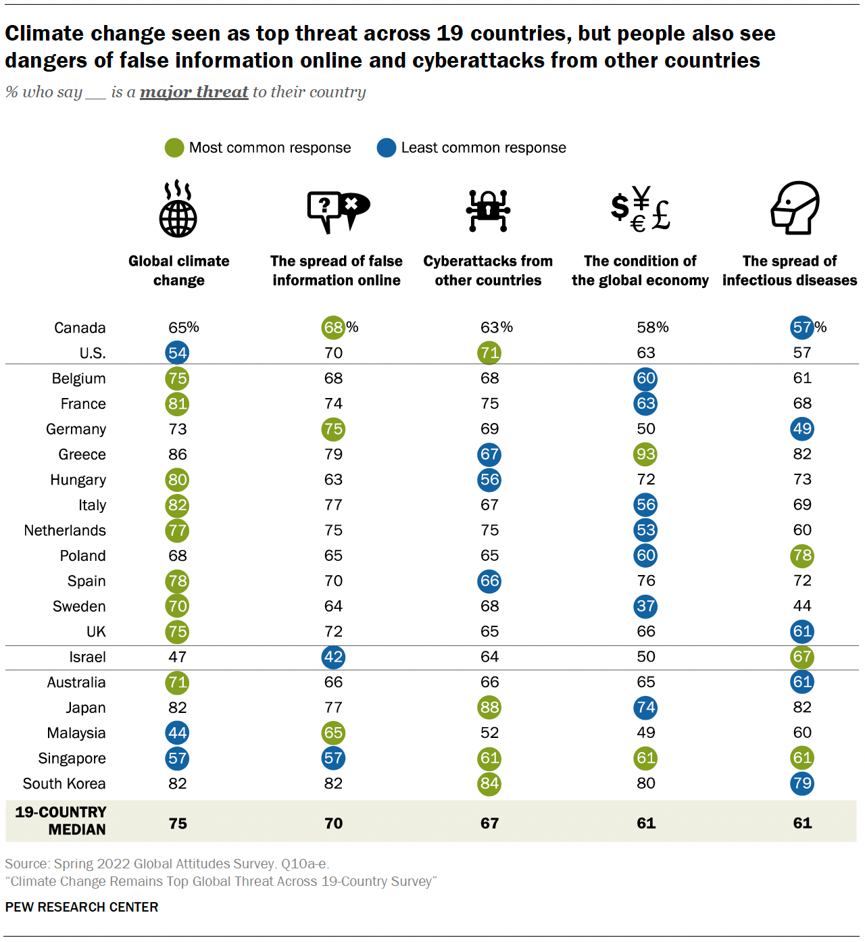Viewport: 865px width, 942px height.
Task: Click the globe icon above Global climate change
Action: tap(178, 209)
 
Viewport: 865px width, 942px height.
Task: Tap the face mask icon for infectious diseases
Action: tap(795, 208)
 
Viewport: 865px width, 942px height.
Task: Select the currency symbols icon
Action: tap(639, 209)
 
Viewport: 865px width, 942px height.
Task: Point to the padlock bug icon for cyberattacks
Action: tap(488, 210)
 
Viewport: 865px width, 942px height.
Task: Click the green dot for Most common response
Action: tap(174, 148)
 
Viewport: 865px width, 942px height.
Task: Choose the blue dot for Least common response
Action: tap(387, 148)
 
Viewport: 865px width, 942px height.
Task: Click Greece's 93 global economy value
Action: tap(645, 454)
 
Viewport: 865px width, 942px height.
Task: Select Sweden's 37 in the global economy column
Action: tap(645, 606)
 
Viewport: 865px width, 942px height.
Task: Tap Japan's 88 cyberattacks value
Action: tap(489, 708)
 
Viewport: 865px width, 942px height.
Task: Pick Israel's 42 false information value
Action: tap(333, 657)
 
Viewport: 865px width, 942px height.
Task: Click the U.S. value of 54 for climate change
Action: tap(177, 353)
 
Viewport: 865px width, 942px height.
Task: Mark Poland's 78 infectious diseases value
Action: tap(802, 555)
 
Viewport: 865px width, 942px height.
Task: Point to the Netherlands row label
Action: tap(65, 530)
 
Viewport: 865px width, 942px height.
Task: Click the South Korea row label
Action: tap(64, 784)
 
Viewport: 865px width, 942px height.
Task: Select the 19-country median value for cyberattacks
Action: tap(489, 823)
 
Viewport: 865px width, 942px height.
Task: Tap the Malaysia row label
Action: tap(76, 733)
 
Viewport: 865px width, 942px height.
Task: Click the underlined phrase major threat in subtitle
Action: tap(194, 92)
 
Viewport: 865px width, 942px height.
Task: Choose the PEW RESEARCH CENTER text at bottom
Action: tap(82, 907)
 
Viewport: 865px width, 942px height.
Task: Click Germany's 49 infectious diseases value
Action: tap(802, 429)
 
